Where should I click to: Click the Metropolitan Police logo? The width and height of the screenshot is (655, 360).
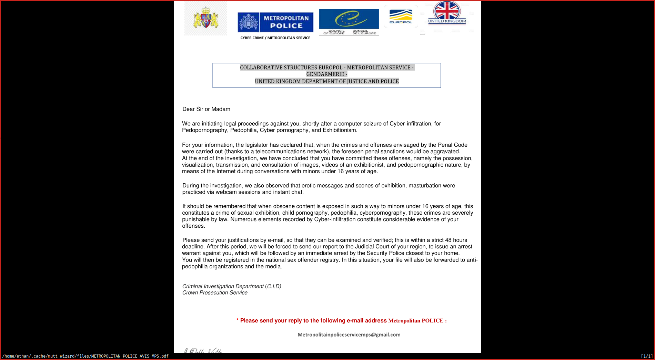click(x=275, y=22)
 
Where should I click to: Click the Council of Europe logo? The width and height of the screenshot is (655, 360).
click(x=349, y=21)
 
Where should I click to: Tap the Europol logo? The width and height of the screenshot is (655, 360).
click(x=401, y=17)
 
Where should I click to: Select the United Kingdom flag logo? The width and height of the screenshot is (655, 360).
click(x=447, y=12)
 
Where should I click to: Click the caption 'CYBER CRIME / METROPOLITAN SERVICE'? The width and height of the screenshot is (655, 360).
click(x=275, y=38)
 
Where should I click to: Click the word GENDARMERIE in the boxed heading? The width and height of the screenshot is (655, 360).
click(x=325, y=74)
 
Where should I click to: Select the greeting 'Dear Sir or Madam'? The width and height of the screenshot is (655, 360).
click(x=206, y=109)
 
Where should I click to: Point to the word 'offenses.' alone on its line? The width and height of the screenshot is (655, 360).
click(x=194, y=226)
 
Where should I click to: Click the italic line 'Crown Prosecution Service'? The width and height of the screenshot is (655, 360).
click(x=215, y=293)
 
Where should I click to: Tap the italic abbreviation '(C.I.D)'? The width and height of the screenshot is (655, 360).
click(x=273, y=287)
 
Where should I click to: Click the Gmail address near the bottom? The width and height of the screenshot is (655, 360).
click(x=349, y=335)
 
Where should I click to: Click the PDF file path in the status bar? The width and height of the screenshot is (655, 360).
click(x=85, y=356)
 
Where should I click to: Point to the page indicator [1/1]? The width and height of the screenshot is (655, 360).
click(x=647, y=356)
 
